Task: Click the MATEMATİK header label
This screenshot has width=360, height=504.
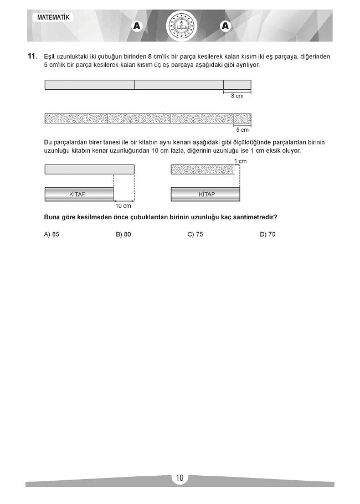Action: [54, 18]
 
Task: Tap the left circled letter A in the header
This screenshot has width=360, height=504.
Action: [136, 26]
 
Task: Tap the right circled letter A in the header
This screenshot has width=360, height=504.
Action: [225, 25]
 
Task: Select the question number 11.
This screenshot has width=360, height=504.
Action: [32, 56]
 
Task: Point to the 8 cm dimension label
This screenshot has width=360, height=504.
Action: [236, 96]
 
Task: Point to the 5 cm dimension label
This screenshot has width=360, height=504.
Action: [242, 130]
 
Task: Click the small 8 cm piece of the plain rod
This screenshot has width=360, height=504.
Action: [237, 85]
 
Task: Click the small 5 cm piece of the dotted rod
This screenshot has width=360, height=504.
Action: [242, 119]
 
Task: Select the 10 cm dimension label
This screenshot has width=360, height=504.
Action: [123, 205]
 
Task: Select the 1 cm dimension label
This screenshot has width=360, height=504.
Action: [240, 161]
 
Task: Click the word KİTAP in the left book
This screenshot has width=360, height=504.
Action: [79, 194]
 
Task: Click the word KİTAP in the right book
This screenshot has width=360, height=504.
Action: [206, 194]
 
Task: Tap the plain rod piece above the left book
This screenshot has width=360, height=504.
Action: [89, 169]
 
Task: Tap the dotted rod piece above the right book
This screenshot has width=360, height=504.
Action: [202, 169]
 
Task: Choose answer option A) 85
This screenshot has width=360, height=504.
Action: [52, 234]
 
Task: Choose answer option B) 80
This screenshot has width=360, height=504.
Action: [124, 234]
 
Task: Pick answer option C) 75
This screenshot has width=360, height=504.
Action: [196, 234]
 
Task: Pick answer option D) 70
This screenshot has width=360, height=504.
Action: [268, 234]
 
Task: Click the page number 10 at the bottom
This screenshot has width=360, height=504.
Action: [180, 479]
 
